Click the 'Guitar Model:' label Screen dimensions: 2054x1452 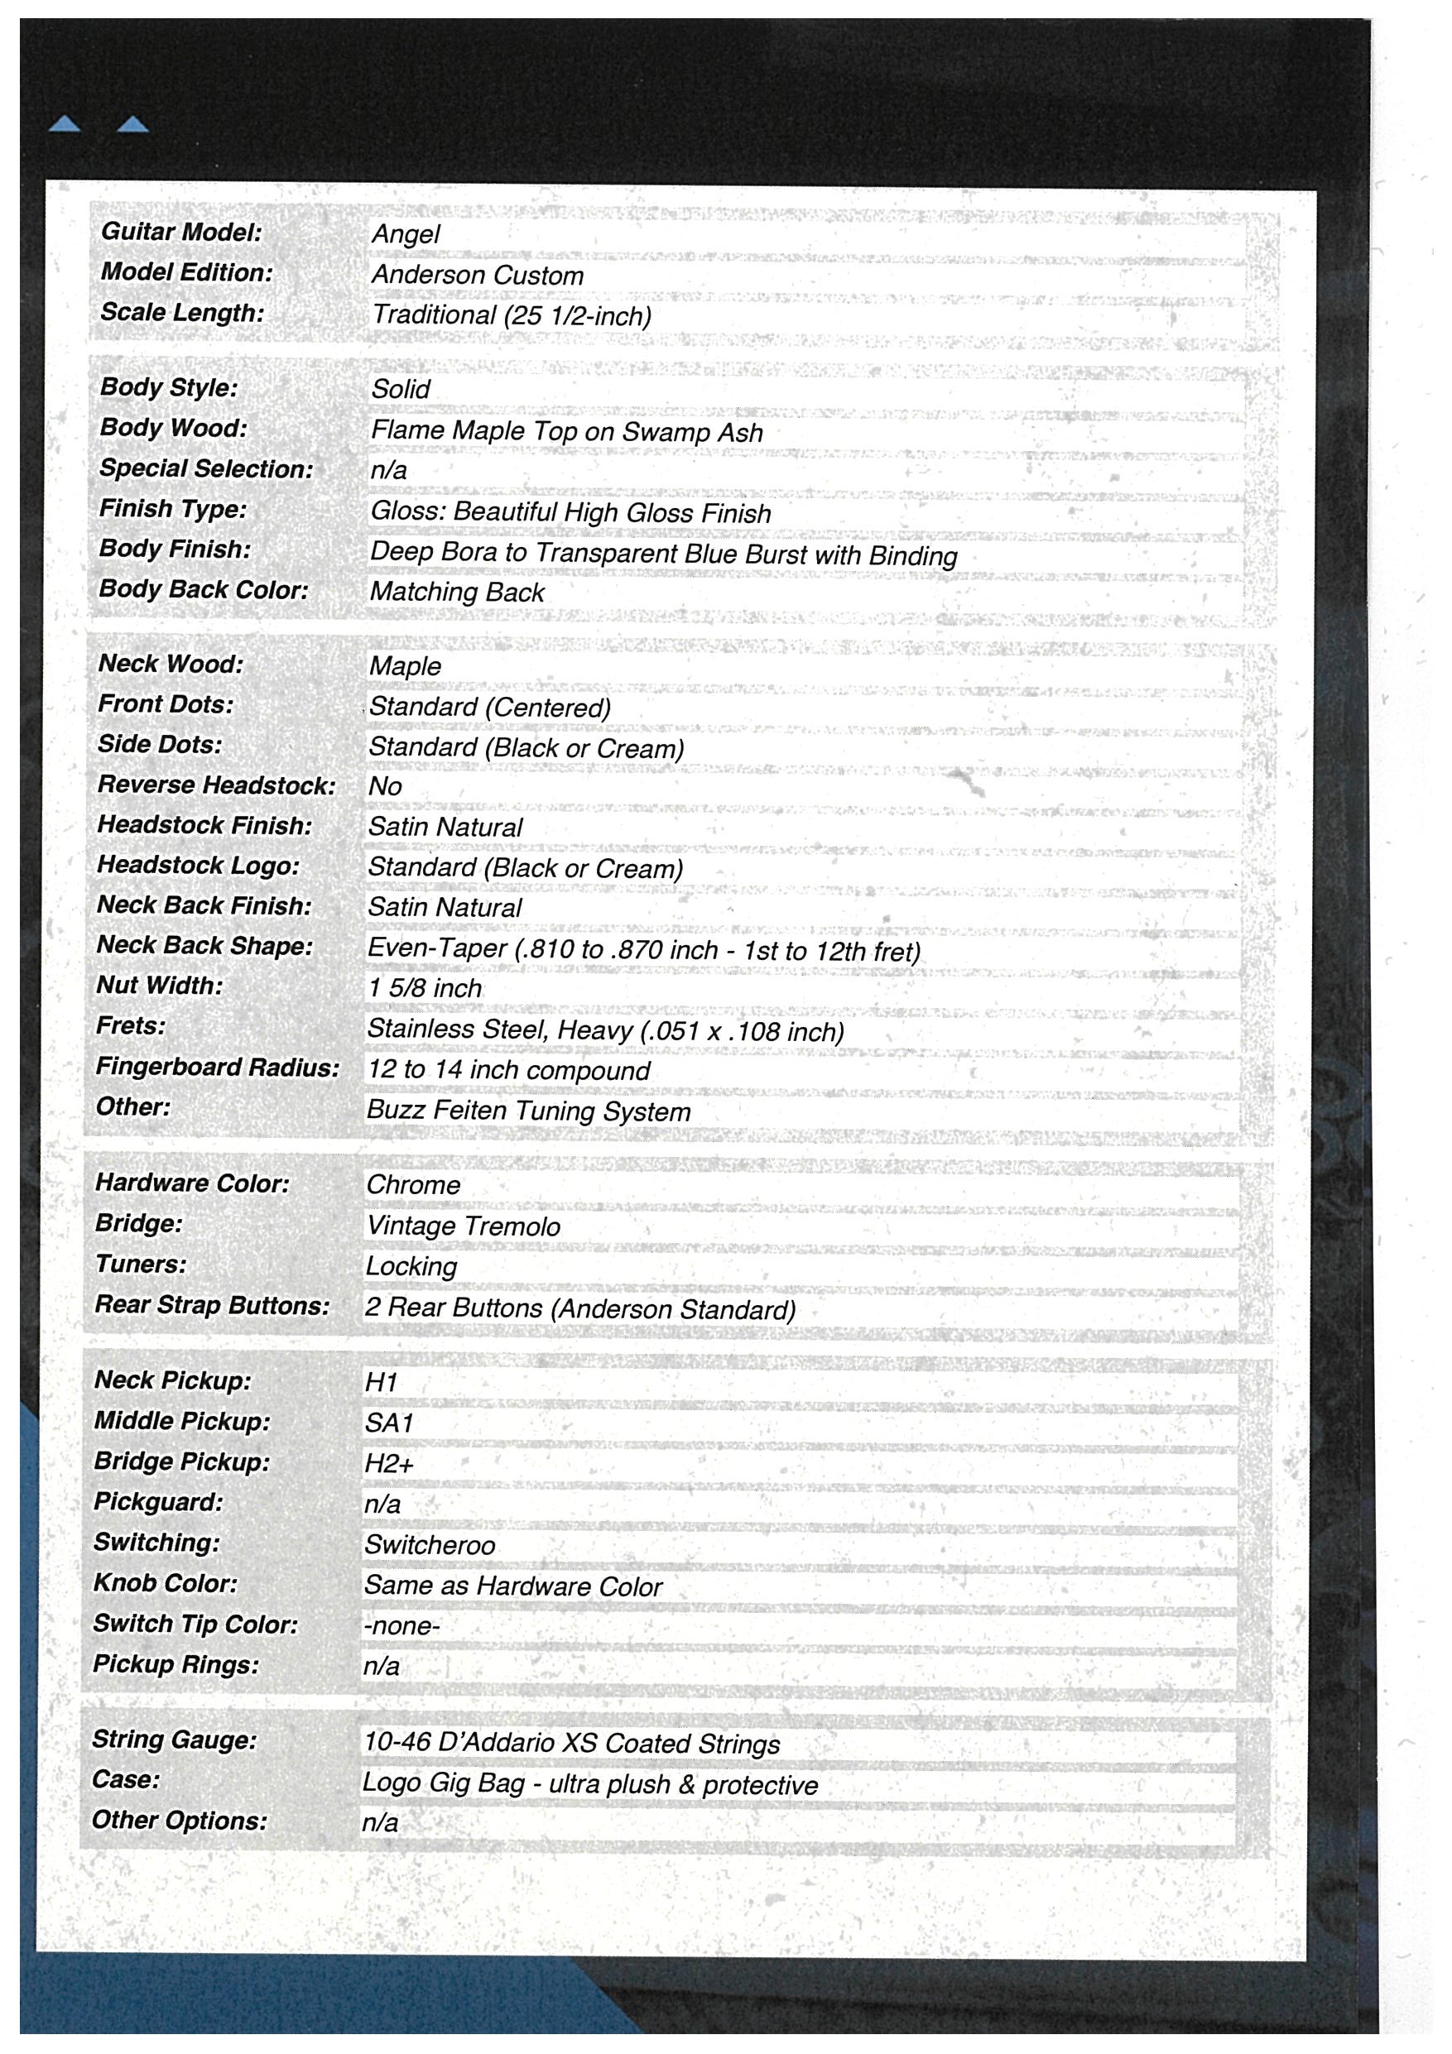click(x=180, y=232)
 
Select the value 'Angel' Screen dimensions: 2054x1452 click(x=406, y=234)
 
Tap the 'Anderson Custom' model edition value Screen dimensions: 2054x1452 click(x=477, y=276)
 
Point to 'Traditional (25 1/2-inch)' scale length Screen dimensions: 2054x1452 click(x=511, y=316)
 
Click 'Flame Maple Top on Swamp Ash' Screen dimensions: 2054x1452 click(x=566, y=432)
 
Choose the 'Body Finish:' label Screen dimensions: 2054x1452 click(x=175, y=549)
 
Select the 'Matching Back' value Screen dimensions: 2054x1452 click(x=457, y=593)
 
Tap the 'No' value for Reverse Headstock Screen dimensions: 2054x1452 click(x=385, y=786)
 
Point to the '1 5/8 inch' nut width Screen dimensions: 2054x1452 click(x=424, y=989)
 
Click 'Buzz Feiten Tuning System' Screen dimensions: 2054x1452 click(x=529, y=1112)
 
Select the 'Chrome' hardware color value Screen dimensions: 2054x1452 click(x=413, y=1185)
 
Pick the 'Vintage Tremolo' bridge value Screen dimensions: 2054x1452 click(x=464, y=1226)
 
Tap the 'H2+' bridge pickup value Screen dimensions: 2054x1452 click(x=389, y=1464)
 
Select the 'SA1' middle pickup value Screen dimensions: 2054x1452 click(x=389, y=1423)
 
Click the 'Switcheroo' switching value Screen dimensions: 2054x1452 click(x=430, y=1545)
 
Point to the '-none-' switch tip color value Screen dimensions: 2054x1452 click(x=401, y=1625)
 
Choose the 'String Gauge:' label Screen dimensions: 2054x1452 click(x=174, y=1740)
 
